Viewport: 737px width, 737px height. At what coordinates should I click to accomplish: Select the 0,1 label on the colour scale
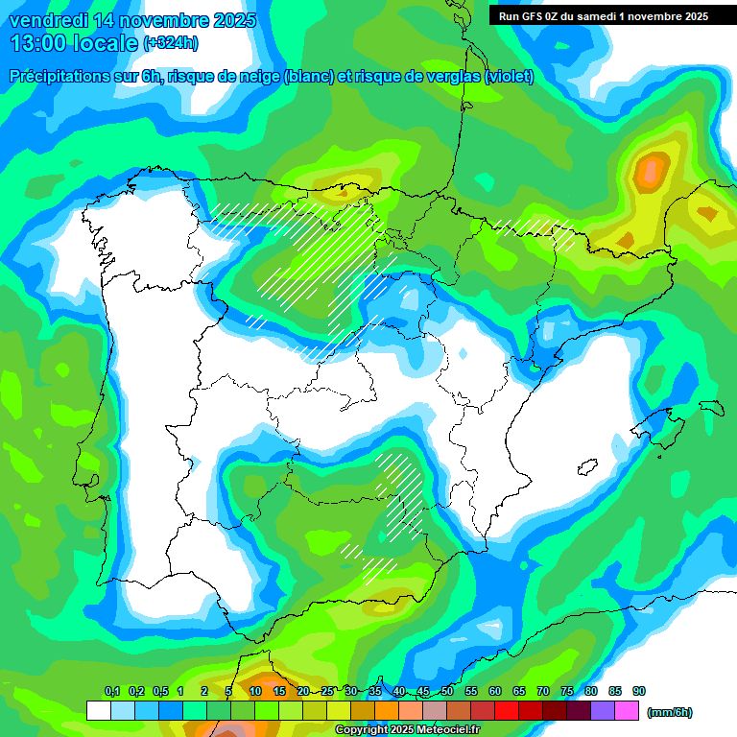coord(111,691)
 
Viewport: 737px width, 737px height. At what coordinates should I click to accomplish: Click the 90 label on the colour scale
coord(639,691)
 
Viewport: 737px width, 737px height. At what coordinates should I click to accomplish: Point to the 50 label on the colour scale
coord(447,691)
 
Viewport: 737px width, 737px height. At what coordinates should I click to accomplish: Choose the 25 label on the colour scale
coord(327,691)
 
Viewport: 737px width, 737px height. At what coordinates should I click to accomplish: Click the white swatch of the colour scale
coord(98,711)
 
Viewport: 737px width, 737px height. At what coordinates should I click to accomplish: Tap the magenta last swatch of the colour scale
coord(627,711)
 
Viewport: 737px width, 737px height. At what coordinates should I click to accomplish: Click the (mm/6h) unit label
coord(670,712)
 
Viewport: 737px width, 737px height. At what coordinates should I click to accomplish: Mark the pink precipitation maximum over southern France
coord(652,171)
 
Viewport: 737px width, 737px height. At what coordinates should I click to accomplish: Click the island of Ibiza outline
coord(586,466)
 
